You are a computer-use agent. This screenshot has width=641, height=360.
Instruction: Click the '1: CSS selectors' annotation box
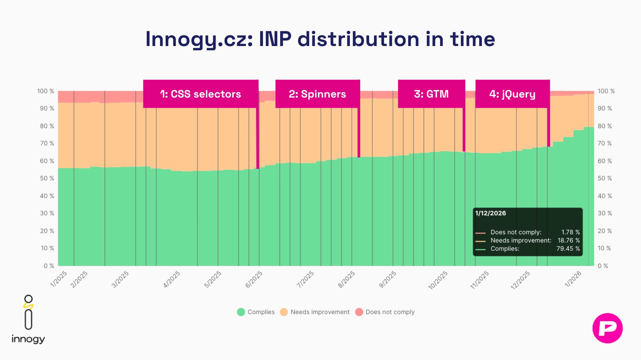(x=201, y=94)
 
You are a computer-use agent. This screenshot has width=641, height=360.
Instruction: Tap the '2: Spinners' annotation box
(x=317, y=94)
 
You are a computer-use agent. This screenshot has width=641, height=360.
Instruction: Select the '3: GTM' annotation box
(x=431, y=94)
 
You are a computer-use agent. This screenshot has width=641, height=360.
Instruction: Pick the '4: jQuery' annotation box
(x=512, y=94)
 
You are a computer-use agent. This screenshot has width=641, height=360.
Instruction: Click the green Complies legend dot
(x=241, y=312)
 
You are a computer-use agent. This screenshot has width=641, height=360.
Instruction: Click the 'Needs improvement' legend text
(x=320, y=312)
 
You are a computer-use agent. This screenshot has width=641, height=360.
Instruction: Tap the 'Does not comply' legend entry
(x=390, y=312)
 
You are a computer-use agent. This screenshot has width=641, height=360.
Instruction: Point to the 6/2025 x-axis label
(x=254, y=279)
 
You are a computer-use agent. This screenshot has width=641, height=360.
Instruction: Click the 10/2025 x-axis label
(x=438, y=280)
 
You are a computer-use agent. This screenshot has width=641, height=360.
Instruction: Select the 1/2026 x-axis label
(x=573, y=279)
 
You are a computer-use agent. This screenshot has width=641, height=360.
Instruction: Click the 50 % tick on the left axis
(x=47, y=178)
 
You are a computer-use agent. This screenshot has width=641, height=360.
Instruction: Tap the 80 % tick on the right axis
(x=605, y=126)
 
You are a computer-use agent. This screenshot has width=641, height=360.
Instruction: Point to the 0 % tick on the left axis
(x=49, y=266)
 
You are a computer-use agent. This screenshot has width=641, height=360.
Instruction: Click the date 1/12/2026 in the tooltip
(x=490, y=213)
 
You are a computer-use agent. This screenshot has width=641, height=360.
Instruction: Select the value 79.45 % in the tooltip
(x=568, y=249)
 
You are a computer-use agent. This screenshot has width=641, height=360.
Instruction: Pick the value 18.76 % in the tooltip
(x=568, y=240)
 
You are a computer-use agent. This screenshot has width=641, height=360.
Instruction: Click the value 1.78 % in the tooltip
(x=570, y=232)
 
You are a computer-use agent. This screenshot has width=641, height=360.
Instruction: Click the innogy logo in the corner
(x=28, y=319)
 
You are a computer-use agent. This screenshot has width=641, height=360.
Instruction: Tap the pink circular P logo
(x=607, y=328)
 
